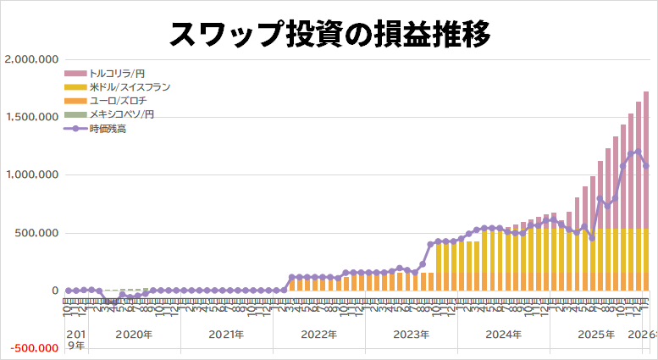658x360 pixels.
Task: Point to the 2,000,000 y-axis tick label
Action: pyautogui.click(x=31, y=59)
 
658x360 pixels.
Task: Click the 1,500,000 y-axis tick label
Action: pyautogui.click(x=31, y=117)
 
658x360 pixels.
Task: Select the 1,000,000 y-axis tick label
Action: pyautogui.click(x=31, y=174)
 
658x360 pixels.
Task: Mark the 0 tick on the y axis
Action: pyautogui.click(x=53, y=291)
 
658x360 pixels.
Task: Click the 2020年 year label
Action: pyautogui.click(x=134, y=335)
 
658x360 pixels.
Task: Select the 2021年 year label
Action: pyautogui.click(x=226, y=335)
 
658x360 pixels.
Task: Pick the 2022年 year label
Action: pyautogui.click(x=318, y=335)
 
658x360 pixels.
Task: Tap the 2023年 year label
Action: pyautogui.click(x=411, y=335)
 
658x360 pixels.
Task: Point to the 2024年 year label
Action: pyautogui.click(x=503, y=335)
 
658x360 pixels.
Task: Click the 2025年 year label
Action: pyautogui.click(x=595, y=335)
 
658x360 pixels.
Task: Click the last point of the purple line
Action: pyautogui.click(x=646, y=166)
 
